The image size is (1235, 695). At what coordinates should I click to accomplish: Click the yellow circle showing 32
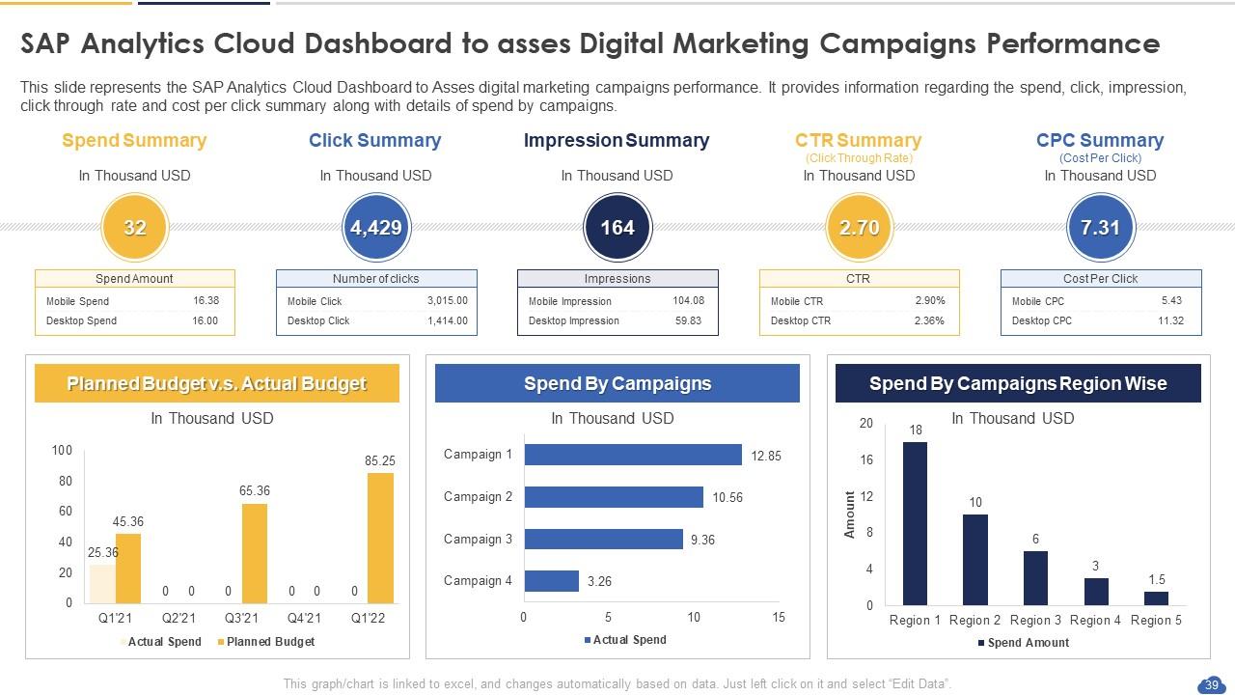coord(134,228)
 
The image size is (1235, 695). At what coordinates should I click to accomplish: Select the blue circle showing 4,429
coord(375,228)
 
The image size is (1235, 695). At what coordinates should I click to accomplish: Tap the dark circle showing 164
coord(617,228)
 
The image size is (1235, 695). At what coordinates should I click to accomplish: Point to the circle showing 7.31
coord(1100,228)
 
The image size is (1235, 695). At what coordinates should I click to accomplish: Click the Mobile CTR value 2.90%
coord(929,300)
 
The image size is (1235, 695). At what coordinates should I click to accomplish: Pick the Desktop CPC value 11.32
coord(1170,320)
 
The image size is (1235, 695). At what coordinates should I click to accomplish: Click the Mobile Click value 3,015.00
coord(447,300)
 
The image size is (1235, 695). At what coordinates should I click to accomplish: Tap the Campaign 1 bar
coord(633,455)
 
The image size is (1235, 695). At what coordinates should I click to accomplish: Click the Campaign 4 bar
coord(551,581)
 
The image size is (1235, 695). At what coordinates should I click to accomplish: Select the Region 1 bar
coord(915,523)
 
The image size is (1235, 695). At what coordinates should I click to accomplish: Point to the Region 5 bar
coord(1156,598)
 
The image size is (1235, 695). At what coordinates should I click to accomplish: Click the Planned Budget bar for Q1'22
coord(380,538)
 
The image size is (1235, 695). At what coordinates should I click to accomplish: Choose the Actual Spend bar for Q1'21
coord(102,584)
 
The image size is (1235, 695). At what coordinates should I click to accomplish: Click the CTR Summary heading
coord(858,141)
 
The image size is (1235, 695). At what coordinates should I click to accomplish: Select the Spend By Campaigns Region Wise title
coord(1018,383)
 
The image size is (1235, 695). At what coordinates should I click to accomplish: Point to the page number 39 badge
coord(1210,684)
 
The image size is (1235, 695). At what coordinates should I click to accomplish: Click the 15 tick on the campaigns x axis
coord(779,618)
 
